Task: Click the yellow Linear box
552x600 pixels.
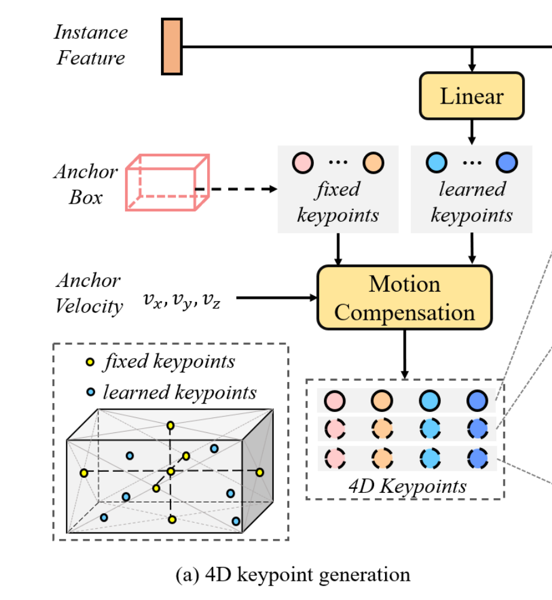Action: pos(472,96)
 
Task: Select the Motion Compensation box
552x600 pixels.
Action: pos(404,298)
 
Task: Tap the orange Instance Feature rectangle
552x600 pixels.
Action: pos(172,47)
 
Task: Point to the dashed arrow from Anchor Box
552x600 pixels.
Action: pos(239,189)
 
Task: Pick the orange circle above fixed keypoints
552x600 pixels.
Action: pos(374,162)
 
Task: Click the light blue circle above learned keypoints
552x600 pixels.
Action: pos(436,162)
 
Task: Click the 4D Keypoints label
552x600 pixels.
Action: pos(407,486)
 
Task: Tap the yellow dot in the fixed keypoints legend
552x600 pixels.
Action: pos(90,362)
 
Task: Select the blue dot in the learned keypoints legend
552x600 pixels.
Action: pos(90,392)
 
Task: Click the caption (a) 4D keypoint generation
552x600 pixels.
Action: pos(293,574)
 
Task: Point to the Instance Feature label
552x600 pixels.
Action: pos(90,45)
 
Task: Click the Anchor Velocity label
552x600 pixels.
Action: pos(89,293)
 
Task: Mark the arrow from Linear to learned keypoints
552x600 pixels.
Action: pos(472,132)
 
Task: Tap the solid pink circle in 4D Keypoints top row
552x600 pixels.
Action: pos(335,399)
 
